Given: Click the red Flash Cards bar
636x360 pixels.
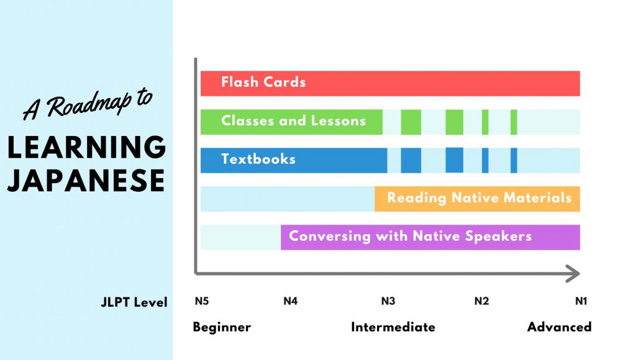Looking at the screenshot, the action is pos(390,84).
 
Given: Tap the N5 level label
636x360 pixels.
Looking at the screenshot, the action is pos(202,301).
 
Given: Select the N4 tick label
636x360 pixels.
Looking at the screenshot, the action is pos(291,301).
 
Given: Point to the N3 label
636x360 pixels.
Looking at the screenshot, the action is pos(388,301).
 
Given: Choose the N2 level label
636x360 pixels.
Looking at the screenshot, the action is pos(481,301).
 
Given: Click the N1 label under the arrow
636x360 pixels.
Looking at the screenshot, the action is pos(581,301).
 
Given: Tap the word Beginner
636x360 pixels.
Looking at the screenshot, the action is pos(222,327).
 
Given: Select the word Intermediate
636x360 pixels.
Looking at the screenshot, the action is pos(393,326).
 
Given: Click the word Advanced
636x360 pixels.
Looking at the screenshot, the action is pos(560,326).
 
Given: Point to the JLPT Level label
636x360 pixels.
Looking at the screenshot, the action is pos(134,302).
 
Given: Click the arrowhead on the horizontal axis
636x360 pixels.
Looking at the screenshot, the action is pos(573,274).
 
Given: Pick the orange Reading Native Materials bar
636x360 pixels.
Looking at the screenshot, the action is pos(478,199).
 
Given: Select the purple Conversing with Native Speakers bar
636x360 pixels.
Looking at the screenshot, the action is pos(430,237).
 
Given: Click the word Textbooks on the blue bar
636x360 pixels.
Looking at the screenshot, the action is pos(258,159).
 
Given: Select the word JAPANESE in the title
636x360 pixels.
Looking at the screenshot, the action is pos(86,181).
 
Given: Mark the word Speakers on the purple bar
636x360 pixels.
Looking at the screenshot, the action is pos(498,236).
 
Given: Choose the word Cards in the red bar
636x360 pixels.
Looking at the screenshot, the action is pos(284,82).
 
